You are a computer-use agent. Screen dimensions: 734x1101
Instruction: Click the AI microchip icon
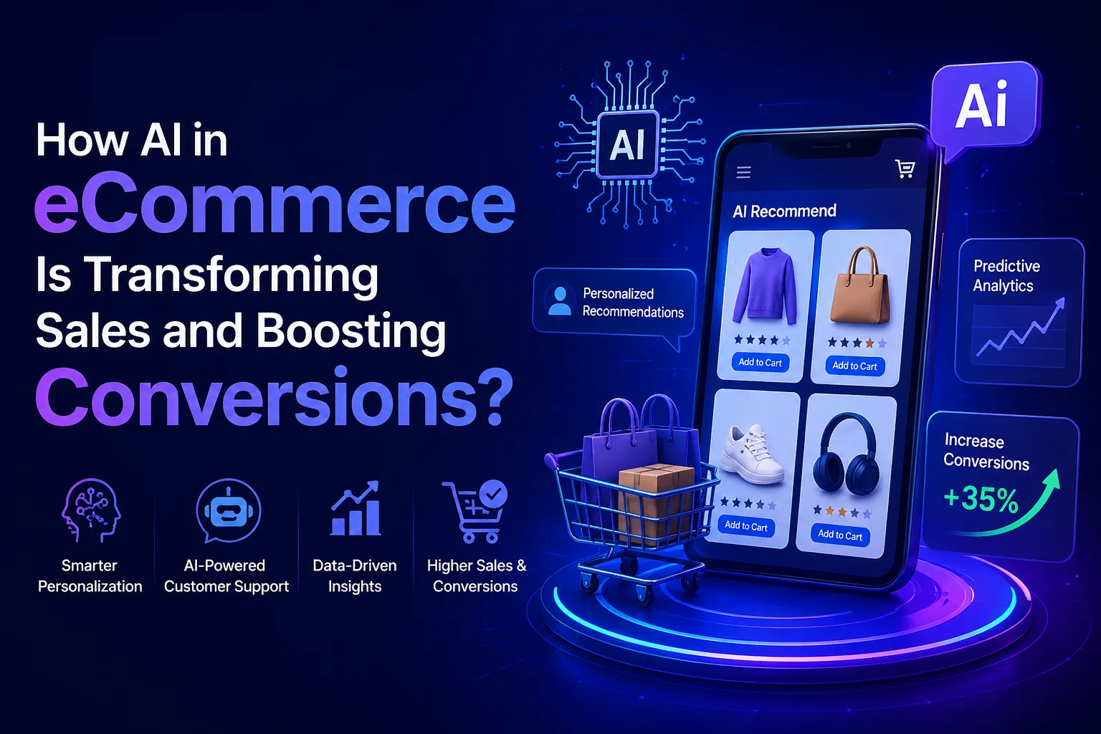(x=627, y=145)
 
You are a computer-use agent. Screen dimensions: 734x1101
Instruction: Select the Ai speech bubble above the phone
(x=983, y=106)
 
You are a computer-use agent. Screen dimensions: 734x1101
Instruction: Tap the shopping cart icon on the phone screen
(x=905, y=168)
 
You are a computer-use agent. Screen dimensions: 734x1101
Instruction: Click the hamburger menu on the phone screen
(x=744, y=172)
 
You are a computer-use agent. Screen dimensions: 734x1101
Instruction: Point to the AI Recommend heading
(x=784, y=211)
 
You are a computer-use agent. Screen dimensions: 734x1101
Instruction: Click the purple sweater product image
(x=766, y=286)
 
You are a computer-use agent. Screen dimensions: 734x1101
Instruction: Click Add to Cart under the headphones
(x=840, y=535)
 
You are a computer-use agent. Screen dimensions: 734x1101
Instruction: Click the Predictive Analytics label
(x=1005, y=276)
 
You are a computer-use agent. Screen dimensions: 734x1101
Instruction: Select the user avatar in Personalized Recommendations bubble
(x=560, y=300)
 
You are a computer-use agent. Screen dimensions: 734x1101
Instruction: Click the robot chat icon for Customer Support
(x=227, y=511)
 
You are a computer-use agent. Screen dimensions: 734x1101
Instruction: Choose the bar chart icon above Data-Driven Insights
(x=355, y=510)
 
